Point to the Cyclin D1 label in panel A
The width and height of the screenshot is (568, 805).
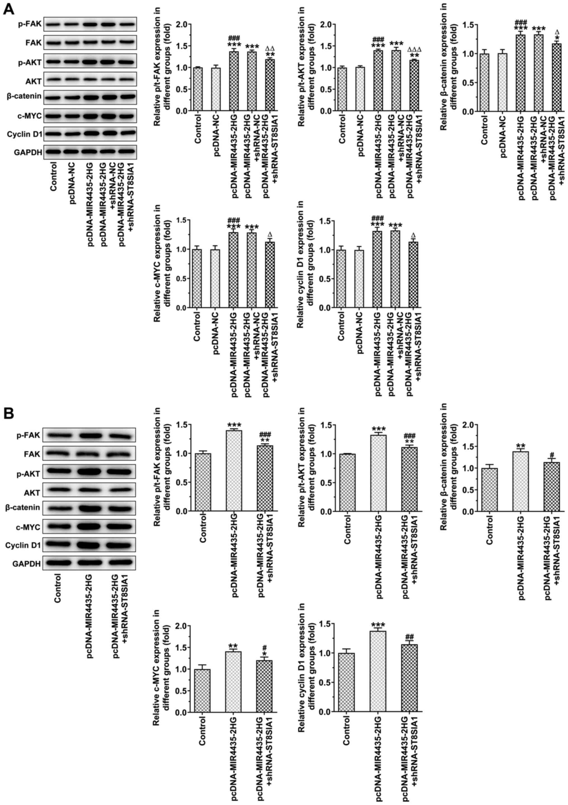tap(23, 134)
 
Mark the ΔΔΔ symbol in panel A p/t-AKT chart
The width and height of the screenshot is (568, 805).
tap(415, 50)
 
